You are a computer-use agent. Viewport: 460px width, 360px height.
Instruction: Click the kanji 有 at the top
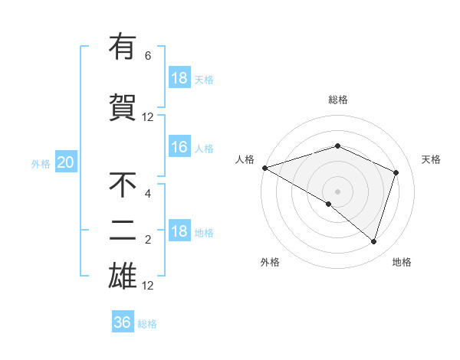(x=123, y=47)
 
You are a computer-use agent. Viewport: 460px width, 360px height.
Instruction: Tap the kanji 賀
(x=123, y=108)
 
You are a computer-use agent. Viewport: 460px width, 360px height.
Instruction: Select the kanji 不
(x=123, y=185)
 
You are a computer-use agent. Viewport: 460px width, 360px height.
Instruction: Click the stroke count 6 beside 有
(x=148, y=56)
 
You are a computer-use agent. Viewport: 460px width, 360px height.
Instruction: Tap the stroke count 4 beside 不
(x=148, y=194)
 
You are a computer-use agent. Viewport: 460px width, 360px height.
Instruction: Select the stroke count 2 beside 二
(x=148, y=240)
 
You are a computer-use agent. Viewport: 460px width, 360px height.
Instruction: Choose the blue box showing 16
(x=179, y=148)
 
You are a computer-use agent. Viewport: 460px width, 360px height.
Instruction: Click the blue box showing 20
(x=66, y=162)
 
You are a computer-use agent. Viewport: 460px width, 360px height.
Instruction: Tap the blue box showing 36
(x=123, y=322)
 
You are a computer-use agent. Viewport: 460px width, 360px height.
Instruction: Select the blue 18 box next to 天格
(x=179, y=78)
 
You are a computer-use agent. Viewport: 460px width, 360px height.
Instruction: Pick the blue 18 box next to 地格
(x=179, y=232)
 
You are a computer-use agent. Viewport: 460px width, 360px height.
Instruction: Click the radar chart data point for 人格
(x=264, y=167)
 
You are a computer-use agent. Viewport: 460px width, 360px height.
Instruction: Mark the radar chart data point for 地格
(x=373, y=241)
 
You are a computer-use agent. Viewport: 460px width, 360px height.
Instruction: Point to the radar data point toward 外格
(x=329, y=204)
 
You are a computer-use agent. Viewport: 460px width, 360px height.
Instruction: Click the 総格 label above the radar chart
(x=338, y=100)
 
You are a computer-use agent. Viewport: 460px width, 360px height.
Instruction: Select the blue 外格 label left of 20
(x=41, y=163)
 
